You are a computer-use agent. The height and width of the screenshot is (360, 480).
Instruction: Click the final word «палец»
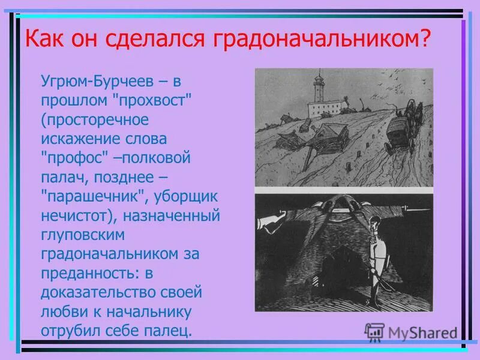pyautogui.click(x=171, y=331)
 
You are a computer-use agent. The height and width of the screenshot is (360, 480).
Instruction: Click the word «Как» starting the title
pyautogui.click(x=42, y=40)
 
